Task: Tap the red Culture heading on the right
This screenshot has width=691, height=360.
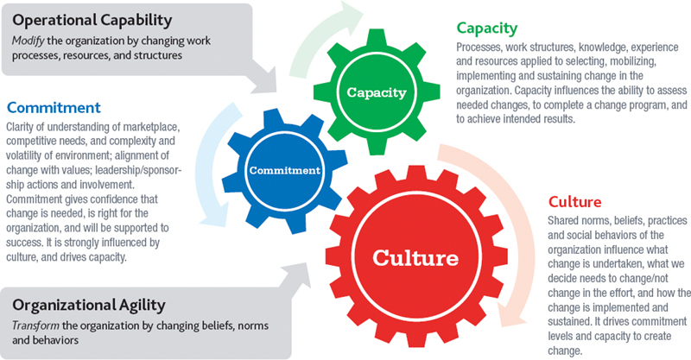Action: click(574, 202)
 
